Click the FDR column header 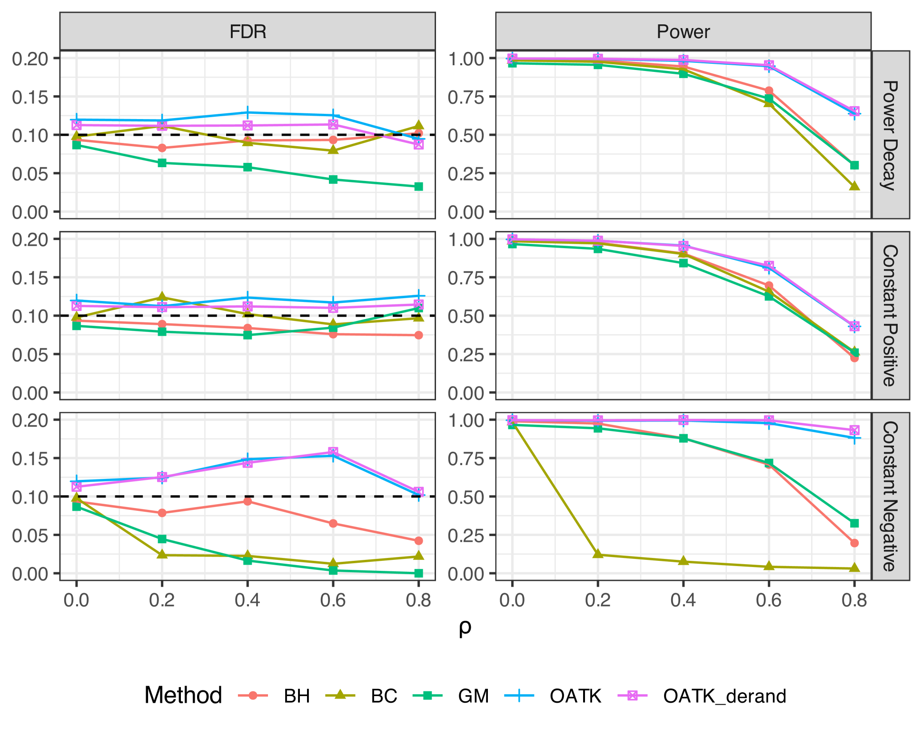pyautogui.click(x=248, y=32)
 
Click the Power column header pyautogui.click(x=683, y=32)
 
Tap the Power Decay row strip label pyautogui.click(x=890, y=135)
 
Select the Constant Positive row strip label pyautogui.click(x=890, y=315)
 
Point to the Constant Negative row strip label pyautogui.click(x=890, y=496)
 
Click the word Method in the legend pyautogui.click(x=183, y=695)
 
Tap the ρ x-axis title pyautogui.click(x=465, y=628)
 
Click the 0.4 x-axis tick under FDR pyautogui.click(x=248, y=600)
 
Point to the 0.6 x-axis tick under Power pyautogui.click(x=769, y=600)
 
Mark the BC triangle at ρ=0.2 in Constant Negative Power pyautogui.click(x=598, y=554)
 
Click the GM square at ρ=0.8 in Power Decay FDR pyautogui.click(x=418, y=187)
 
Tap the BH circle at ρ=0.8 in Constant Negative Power pyautogui.click(x=854, y=543)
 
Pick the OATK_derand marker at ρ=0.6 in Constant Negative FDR pyautogui.click(x=333, y=451)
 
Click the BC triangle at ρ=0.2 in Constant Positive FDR pyautogui.click(x=162, y=298)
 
